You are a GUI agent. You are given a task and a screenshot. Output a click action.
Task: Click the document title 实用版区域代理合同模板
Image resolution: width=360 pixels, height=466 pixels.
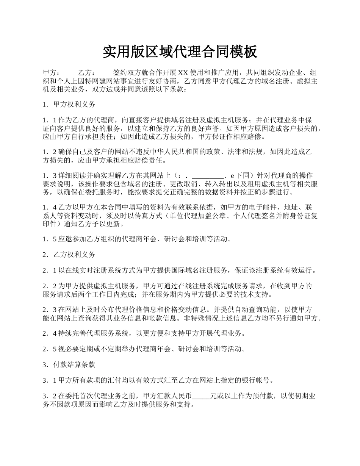click(x=180, y=52)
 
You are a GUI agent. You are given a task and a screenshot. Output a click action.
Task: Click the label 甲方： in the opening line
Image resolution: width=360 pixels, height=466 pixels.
click(x=51, y=73)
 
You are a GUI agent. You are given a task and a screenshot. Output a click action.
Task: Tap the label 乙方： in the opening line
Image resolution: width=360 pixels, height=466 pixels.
click(x=87, y=73)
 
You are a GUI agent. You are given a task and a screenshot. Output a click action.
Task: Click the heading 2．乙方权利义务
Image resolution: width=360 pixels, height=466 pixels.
click(x=69, y=255)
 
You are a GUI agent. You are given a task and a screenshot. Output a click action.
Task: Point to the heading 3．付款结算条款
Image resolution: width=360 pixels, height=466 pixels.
click(x=69, y=364)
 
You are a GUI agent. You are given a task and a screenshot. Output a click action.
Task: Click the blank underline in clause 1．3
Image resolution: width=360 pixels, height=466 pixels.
click(x=208, y=176)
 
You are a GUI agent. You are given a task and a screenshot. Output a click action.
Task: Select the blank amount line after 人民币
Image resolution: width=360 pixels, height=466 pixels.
click(x=201, y=396)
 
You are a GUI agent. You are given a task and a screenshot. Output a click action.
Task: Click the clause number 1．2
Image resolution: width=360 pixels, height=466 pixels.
click(x=50, y=152)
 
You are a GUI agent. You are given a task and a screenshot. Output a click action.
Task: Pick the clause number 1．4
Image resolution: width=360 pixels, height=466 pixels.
click(x=50, y=207)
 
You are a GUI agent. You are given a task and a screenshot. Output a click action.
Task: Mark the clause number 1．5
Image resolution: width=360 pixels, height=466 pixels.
click(x=50, y=239)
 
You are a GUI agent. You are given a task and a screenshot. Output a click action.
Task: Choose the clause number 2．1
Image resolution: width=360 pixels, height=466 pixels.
click(x=50, y=270)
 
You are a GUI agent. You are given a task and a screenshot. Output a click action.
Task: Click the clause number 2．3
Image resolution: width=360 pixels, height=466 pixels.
click(x=50, y=310)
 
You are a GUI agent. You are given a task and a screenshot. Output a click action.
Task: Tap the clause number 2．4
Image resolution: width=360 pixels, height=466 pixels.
click(x=50, y=333)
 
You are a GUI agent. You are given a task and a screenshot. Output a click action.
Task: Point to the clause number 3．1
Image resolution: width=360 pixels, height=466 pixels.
click(x=50, y=380)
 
